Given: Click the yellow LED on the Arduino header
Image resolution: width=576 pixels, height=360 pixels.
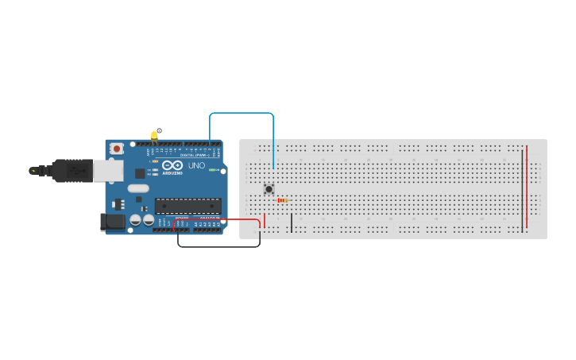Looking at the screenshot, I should point(154,135).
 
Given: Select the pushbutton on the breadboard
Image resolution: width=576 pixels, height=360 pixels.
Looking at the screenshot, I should point(269,188).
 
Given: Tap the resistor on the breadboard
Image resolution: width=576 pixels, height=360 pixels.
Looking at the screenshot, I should point(282,200).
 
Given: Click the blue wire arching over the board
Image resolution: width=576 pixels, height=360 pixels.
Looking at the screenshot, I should point(242,113).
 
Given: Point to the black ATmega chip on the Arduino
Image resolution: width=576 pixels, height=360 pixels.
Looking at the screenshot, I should point(187,206).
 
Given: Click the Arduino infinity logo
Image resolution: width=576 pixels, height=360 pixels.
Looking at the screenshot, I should point(172,165).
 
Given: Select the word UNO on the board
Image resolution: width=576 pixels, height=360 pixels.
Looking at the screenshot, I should point(196,165).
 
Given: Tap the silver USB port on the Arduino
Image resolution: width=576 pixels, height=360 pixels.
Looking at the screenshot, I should point(108,170).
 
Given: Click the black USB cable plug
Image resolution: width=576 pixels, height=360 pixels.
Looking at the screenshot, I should point(72,170).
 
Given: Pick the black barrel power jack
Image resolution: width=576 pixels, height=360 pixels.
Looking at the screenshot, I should point(113,222).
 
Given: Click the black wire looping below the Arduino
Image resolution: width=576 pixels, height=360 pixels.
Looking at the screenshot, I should point(218,246).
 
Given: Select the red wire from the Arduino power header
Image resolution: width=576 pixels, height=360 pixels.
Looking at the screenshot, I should point(216,219).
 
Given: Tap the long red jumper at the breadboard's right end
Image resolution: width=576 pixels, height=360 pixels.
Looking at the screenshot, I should point(527,187).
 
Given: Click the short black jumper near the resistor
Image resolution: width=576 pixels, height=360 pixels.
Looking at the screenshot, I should point(292,223).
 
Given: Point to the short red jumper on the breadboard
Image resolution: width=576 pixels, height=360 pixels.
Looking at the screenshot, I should point(265,220).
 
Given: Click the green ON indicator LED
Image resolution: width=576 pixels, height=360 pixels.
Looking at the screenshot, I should point(213,169).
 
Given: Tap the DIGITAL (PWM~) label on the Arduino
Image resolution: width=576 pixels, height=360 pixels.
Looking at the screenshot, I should point(198,153).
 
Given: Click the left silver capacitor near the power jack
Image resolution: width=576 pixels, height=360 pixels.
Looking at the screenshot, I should point(136,219).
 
